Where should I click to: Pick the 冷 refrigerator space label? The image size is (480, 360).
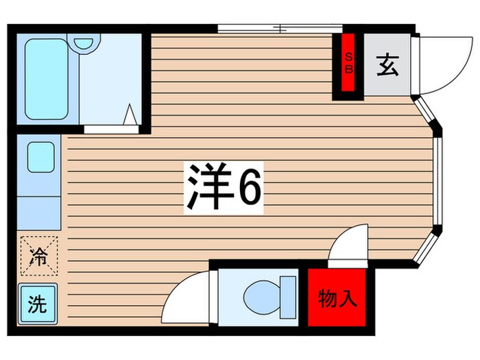tap(38, 256)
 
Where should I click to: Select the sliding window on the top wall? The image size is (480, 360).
tap(275, 29)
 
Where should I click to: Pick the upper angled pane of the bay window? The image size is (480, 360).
tap(427, 113)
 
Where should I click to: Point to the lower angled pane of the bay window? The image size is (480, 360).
tap(427, 246)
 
